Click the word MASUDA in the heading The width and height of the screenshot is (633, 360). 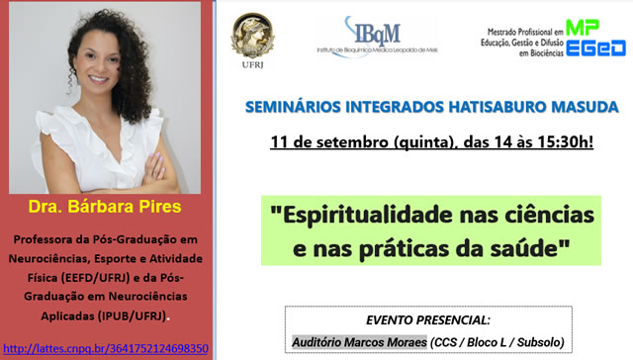(x=557, y=106)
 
